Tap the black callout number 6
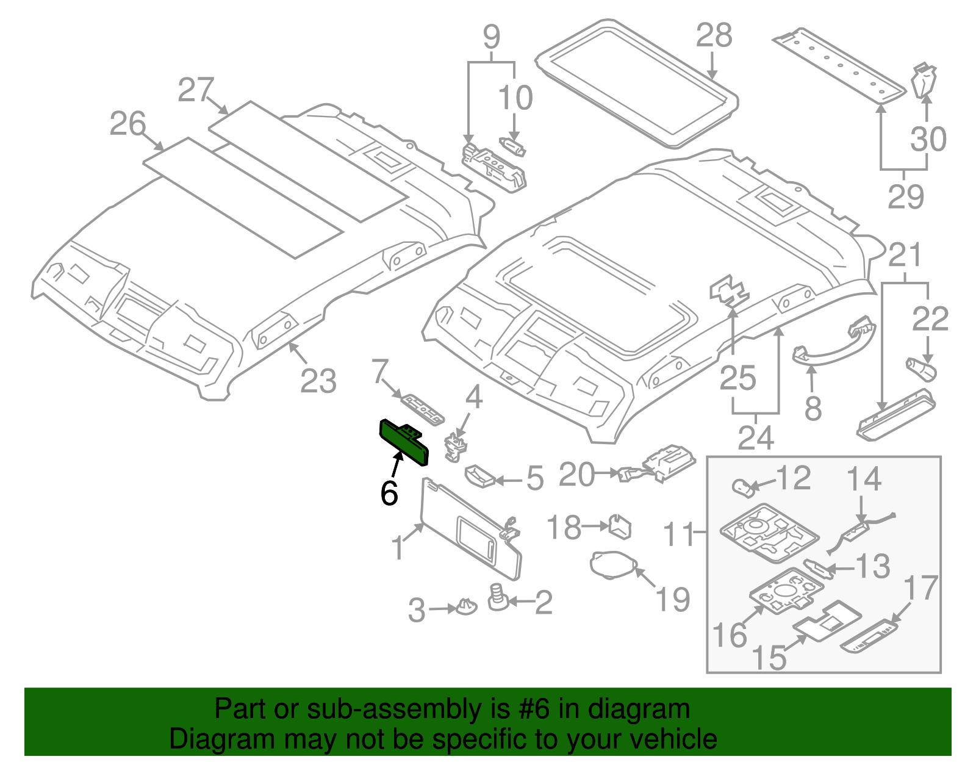click(x=389, y=493)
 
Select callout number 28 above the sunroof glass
click(x=714, y=36)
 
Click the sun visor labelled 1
click(x=470, y=531)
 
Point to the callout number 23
click(x=318, y=382)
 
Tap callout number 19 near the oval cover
click(x=673, y=599)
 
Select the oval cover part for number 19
click(x=612, y=563)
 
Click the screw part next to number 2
click(x=498, y=597)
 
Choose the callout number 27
click(x=196, y=90)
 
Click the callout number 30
click(x=928, y=140)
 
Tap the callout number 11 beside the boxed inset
click(x=679, y=534)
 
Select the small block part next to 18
click(x=619, y=526)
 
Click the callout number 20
click(x=576, y=475)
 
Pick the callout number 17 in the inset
click(x=920, y=589)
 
